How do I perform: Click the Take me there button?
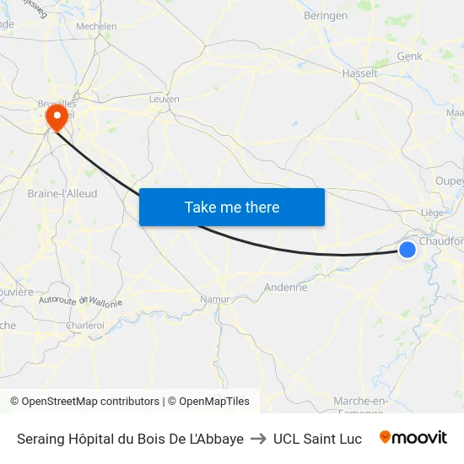(232, 207)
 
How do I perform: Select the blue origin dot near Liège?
(407, 249)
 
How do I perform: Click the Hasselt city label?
(359, 73)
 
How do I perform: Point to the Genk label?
(409, 56)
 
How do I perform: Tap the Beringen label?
(325, 15)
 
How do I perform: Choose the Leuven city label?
(164, 99)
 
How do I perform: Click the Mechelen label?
(96, 26)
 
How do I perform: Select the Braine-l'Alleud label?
(62, 193)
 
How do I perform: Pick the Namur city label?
(215, 299)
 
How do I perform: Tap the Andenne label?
(286, 287)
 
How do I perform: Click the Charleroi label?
(85, 325)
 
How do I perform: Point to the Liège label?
(431, 213)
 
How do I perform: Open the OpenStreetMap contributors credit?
(84, 402)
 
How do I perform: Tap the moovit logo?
(413, 438)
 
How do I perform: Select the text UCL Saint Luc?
(317, 439)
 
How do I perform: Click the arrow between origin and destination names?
(258, 439)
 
